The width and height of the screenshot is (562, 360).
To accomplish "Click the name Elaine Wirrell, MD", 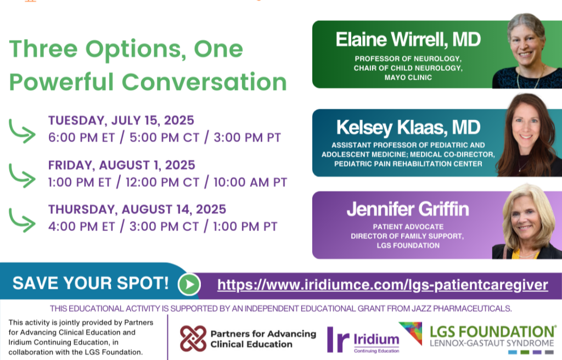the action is pyautogui.click(x=408, y=40).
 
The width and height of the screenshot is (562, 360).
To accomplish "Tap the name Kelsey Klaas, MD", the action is pyautogui.click(x=408, y=128).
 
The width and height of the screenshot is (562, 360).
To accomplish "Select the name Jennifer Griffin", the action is pyautogui.click(x=408, y=209).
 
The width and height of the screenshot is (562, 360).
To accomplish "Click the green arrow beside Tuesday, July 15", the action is pyautogui.click(x=22, y=131).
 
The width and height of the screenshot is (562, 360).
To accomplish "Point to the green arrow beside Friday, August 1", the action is pyautogui.click(x=22, y=176).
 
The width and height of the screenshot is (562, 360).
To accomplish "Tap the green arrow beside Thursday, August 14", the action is pyautogui.click(x=22, y=220).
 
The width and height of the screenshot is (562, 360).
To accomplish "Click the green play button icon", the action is pyautogui.click(x=189, y=284).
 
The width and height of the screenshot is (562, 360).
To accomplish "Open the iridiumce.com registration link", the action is pyautogui.click(x=383, y=285).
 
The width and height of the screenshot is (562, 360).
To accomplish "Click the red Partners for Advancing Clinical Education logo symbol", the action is pyautogui.click(x=193, y=339).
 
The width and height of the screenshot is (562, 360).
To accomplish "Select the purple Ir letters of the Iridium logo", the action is pyautogui.click(x=338, y=339).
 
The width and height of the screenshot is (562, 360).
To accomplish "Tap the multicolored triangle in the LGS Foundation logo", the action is pyautogui.click(x=411, y=333).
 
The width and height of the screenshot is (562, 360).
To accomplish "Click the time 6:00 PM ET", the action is pyautogui.click(x=81, y=137).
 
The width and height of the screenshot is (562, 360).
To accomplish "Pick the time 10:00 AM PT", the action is pyautogui.click(x=250, y=182).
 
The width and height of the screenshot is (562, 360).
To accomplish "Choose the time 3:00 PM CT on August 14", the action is pyautogui.click(x=164, y=227).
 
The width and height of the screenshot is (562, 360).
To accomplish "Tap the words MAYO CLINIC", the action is pyautogui.click(x=408, y=77).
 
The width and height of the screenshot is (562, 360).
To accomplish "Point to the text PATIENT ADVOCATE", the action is pyautogui.click(x=408, y=227).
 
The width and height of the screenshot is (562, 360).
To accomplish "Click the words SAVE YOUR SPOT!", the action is pyautogui.click(x=91, y=283).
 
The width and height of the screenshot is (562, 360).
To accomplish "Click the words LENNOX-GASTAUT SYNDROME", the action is pyautogui.click(x=492, y=343).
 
